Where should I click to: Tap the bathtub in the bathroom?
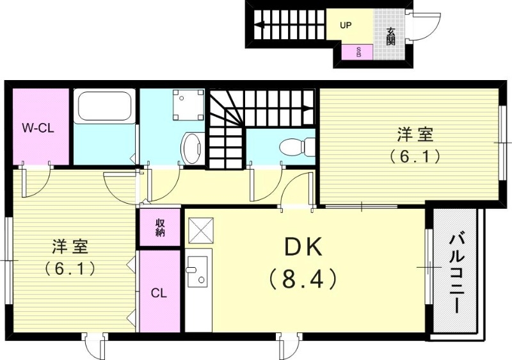[x=104, y=108]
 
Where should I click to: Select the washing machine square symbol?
[x=188, y=104]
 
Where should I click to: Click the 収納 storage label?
[x=159, y=228]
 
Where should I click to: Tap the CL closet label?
[x=159, y=293]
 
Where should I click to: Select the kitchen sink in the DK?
[x=198, y=274]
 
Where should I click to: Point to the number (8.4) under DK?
[x=301, y=279]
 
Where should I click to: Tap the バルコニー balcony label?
[x=456, y=272]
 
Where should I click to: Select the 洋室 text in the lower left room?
[x=70, y=246]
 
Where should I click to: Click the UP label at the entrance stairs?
[x=346, y=26]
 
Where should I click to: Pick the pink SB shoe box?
[x=358, y=52]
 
